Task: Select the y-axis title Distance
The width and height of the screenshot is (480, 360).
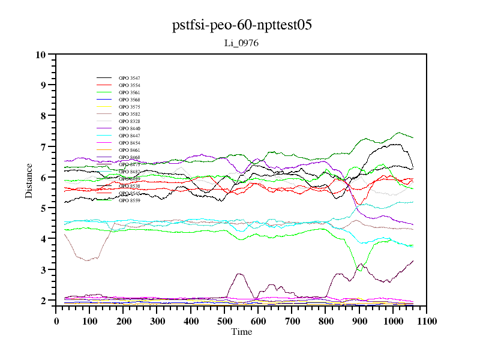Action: coord(29,180)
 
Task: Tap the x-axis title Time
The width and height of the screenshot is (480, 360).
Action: coord(242,332)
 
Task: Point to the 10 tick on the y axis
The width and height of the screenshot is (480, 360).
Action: coord(41,55)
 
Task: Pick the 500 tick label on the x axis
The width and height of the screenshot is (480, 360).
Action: coord(224,321)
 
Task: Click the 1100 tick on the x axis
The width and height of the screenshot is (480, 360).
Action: coord(427,321)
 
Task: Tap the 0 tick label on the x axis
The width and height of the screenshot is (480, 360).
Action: coord(56,321)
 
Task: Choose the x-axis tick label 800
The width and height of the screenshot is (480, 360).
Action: coord(326,321)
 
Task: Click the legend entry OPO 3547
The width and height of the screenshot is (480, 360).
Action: coord(129,78)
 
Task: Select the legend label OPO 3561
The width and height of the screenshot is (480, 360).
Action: coord(129,92)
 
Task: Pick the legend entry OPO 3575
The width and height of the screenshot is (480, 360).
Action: coord(129,107)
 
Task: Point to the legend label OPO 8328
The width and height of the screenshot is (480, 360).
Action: coord(129,121)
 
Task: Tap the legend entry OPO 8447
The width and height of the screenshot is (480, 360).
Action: coord(129,136)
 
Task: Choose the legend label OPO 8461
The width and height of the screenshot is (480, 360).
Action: coord(129,150)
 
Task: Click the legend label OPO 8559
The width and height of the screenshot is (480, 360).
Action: coord(129,200)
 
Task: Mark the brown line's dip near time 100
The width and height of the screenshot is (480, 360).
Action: coord(87,260)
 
